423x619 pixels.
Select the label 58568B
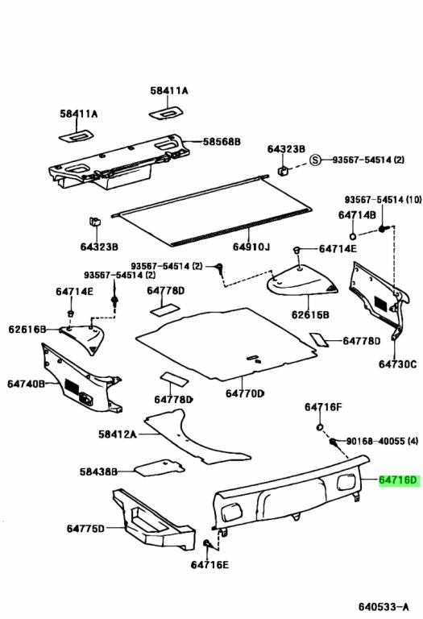pos(221,142)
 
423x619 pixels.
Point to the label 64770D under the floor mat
pos(244,393)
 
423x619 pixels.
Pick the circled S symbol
pos(317,160)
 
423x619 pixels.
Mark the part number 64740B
pos(27,384)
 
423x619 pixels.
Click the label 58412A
pos(118,434)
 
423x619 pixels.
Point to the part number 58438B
pos(98,471)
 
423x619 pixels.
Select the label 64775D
pos(85,529)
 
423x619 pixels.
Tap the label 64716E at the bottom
pos(209,564)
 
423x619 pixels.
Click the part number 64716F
pos(323,407)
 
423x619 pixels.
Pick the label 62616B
pos(27,329)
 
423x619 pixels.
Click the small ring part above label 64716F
pos(319,426)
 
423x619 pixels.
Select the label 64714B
pos(357,215)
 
